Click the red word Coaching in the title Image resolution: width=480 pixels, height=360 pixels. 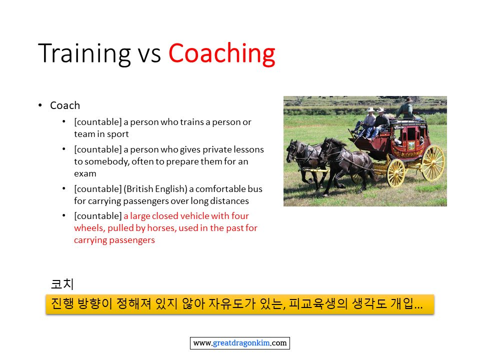point(222,54)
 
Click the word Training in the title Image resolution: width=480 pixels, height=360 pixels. point(85,54)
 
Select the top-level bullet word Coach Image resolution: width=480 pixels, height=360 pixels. point(65,105)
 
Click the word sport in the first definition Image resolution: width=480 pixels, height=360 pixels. point(117,134)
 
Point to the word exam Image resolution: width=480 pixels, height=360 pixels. point(85,173)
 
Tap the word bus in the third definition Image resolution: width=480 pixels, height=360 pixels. point(255,189)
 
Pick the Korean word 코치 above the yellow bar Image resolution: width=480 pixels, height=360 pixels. point(62,284)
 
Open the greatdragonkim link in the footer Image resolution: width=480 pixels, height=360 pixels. point(241,343)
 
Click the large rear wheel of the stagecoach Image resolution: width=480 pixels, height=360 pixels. point(432,163)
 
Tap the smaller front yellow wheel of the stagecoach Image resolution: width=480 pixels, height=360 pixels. point(396,173)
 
